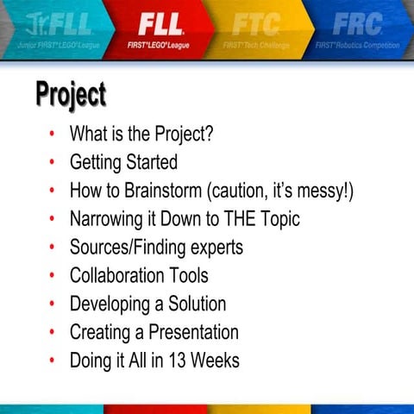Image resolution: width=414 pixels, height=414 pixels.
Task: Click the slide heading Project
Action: point(71,94)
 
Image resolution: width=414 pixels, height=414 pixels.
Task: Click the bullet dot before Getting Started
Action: point(52,161)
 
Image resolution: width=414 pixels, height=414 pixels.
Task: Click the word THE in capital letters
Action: point(236,219)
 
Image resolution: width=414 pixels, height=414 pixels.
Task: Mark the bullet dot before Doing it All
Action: point(52,361)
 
